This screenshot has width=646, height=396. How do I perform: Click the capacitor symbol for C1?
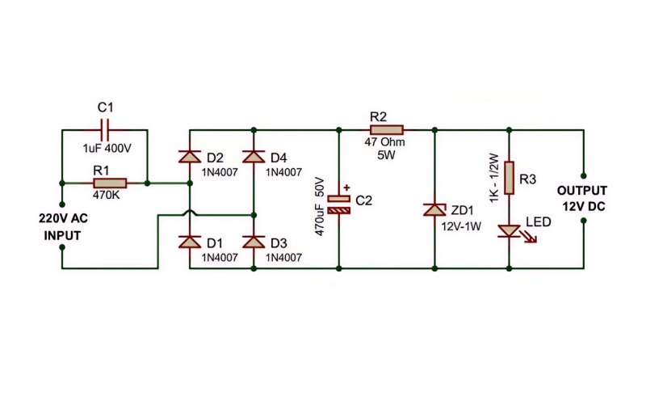[x=105, y=130]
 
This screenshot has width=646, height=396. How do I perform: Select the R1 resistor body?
[x=110, y=183]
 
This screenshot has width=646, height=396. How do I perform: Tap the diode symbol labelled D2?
[x=190, y=157]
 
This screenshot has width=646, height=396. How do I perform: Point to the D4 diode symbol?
[x=254, y=157]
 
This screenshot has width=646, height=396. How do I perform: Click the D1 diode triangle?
[x=190, y=242]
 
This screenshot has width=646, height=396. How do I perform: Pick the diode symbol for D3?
[x=254, y=242]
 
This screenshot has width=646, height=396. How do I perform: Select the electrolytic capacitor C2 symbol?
[x=338, y=204]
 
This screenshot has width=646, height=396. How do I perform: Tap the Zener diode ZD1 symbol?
[x=434, y=209]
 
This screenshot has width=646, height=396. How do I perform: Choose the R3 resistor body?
[x=510, y=178]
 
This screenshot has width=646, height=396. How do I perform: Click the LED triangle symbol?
[x=510, y=231]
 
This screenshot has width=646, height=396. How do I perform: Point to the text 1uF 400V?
[x=107, y=149]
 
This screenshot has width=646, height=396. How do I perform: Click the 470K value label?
[x=106, y=195]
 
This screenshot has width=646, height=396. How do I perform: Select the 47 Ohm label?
[x=385, y=142]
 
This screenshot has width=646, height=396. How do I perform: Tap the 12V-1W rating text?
[x=461, y=226]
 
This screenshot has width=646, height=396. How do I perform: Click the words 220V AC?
[x=64, y=218]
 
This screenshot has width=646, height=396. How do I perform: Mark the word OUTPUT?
[x=582, y=191]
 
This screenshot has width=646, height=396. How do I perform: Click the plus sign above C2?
[x=346, y=187]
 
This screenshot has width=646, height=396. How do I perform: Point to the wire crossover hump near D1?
[x=190, y=213]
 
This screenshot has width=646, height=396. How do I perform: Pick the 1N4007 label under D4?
[x=283, y=172]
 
